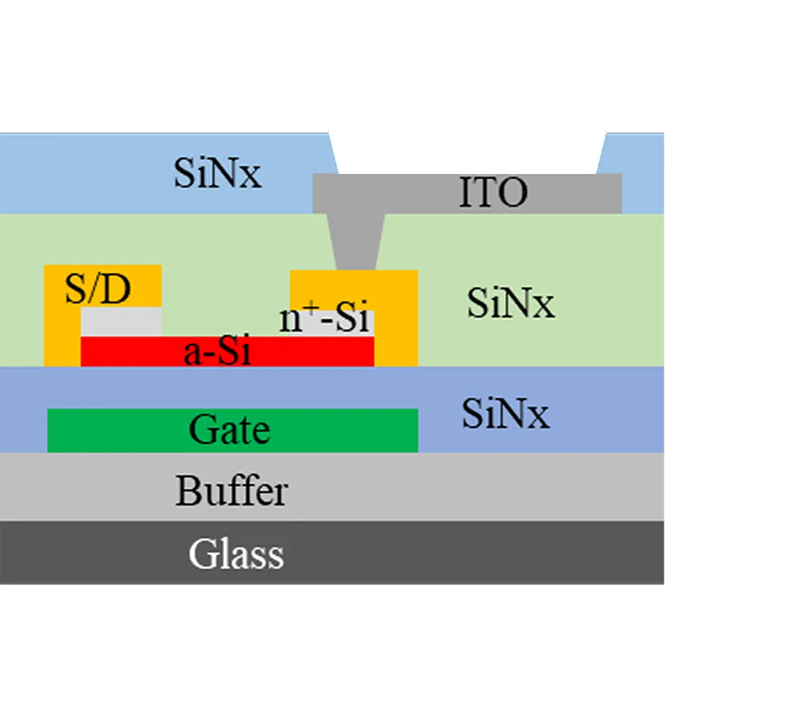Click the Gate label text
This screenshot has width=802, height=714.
click(x=230, y=429)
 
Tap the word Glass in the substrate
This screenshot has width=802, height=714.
click(x=236, y=554)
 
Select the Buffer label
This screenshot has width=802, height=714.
click(x=231, y=491)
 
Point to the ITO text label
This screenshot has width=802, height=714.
click(x=493, y=193)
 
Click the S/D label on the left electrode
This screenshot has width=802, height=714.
click(x=97, y=290)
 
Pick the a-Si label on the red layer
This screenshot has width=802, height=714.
click(x=217, y=353)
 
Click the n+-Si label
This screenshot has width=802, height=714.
click(x=323, y=320)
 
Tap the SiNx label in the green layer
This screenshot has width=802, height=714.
click(x=511, y=303)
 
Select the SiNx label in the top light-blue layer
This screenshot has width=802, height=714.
click(x=217, y=174)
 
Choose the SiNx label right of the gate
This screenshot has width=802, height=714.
click(x=505, y=415)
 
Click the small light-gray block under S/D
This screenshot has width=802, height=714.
click(x=121, y=322)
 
